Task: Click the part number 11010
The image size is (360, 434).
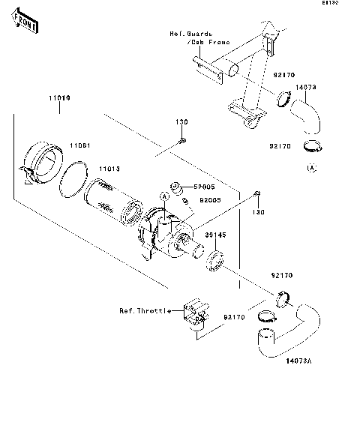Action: pyautogui.click(x=61, y=98)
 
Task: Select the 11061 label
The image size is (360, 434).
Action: pyautogui.click(x=80, y=144)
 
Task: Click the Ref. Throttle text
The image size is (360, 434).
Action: pyautogui.click(x=140, y=310)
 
